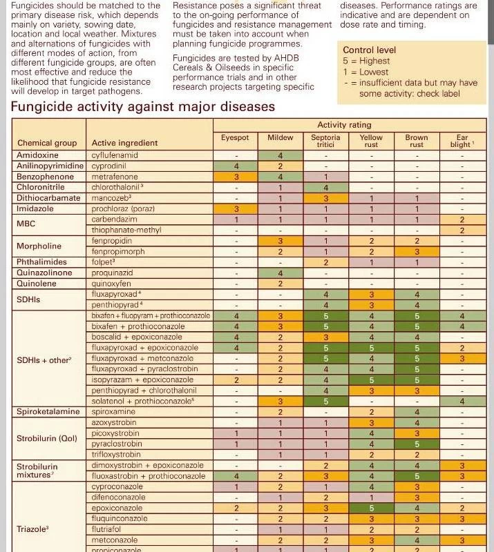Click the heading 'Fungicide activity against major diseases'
point(143,107)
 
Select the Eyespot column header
point(235,138)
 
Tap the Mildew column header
point(280,138)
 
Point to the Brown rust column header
point(417,141)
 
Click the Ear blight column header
point(462,141)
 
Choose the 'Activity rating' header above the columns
point(344,125)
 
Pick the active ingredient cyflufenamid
point(115,155)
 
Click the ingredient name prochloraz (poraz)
point(123,208)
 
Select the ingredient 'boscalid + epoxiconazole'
point(137,337)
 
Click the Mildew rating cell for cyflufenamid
point(280,155)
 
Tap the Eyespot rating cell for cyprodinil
point(236,166)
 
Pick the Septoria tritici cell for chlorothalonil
point(325,187)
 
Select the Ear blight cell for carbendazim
point(462,219)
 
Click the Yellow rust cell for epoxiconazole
point(371,508)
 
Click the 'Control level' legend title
point(370,50)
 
